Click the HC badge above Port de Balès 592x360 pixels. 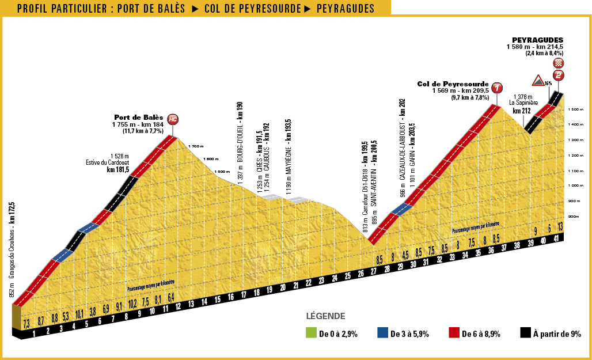173,120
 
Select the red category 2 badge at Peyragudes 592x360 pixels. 558,75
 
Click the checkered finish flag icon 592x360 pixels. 558,63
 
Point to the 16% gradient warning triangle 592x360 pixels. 538,80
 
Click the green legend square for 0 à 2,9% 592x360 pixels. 311,334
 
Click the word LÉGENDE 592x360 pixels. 325,316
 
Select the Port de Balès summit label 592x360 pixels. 138,116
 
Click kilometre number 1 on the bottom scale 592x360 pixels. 35,333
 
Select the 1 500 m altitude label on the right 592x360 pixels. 576,109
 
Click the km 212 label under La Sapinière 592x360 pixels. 521,111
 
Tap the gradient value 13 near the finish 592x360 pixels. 560,228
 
